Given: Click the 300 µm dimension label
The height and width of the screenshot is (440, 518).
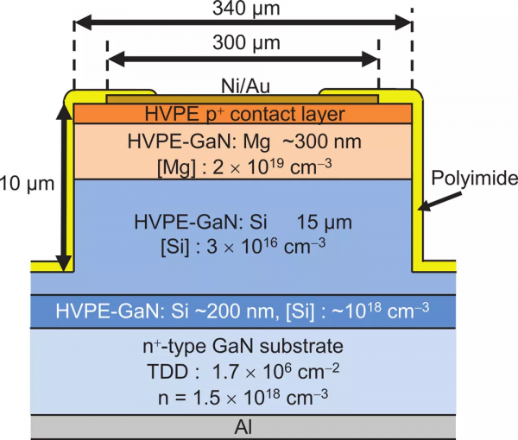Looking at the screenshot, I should (243, 44).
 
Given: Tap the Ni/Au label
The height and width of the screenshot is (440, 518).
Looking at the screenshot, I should (243, 85).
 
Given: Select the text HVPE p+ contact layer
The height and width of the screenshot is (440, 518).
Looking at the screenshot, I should (243, 113).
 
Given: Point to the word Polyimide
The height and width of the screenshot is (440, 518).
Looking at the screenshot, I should (475, 179).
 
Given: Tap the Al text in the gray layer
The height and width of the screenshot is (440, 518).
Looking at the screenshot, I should (243, 427).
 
